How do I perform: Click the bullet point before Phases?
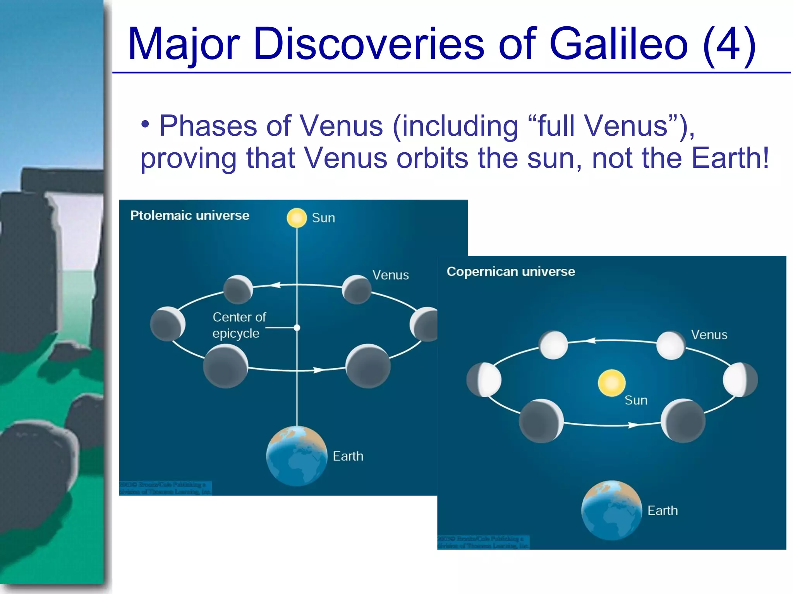tap(145, 125)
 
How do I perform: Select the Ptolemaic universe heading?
tap(190, 215)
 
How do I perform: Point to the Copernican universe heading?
tap(511, 271)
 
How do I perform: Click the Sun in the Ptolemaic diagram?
tap(297, 218)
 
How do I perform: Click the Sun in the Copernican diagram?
tap(611, 383)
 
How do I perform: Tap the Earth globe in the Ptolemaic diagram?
tap(297, 456)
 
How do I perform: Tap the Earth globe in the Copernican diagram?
tap(611, 510)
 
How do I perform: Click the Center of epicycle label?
tap(239, 325)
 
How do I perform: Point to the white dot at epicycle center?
tap(297, 328)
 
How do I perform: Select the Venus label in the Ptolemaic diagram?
tap(390, 275)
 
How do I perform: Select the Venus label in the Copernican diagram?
tap(709, 335)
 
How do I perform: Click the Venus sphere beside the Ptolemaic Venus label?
tap(357, 289)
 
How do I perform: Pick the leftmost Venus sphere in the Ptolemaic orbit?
tap(167, 324)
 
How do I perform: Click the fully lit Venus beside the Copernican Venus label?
tap(671, 345)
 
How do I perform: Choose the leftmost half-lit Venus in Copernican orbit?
tap(484, 380)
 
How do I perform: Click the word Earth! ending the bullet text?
tap(730, 158)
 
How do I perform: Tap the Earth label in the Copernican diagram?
tap(663, 510)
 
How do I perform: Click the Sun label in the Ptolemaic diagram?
tap(323, 218)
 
